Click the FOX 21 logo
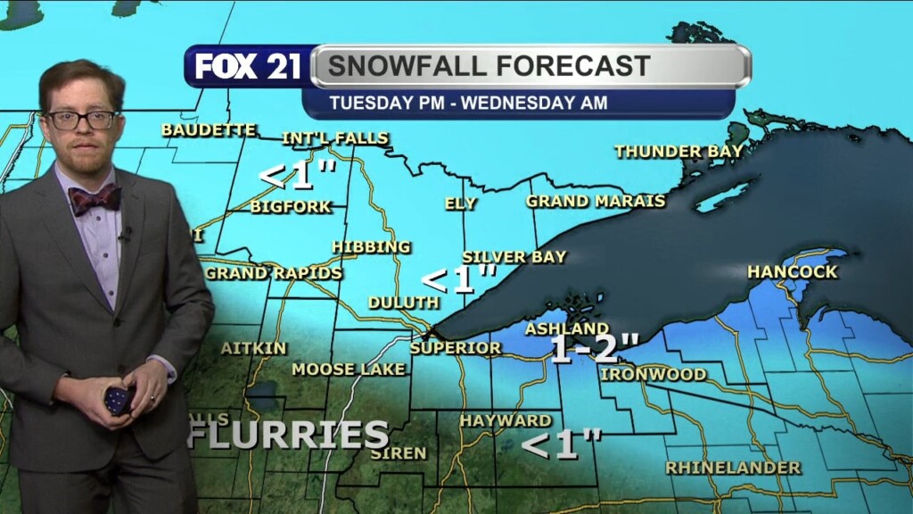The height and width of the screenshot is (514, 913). click(x=248, y=67)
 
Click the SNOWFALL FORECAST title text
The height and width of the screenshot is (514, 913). click(x=489, y=66)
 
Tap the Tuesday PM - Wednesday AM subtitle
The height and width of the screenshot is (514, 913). click(x=468, y=103)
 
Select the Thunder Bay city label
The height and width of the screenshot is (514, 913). click(x=679, y=152)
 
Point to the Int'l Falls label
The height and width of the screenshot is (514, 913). click(x=334, y=138)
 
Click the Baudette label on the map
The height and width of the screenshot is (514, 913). click(x=209, y=130)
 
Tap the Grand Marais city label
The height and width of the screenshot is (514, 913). click(x=596, y=201)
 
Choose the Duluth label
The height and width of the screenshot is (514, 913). click(x=403, y=303)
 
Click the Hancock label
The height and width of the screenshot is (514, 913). click(x=793, y=271)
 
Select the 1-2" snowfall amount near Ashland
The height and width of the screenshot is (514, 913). click(x=595, y=348)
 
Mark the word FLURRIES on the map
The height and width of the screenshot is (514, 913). click(x=288, y=435)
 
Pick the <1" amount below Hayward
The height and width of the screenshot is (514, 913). click(x=562, y=444)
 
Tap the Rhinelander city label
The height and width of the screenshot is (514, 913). click(x=733, y=468)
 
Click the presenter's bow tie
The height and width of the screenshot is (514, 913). click(x=95, y=199)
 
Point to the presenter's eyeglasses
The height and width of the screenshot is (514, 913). click(x=81, y=119)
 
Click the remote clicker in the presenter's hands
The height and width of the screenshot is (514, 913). click(x=118, y=398)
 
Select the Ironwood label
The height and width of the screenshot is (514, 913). click(x=653, y=374)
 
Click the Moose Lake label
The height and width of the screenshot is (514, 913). click(x=349, y=369)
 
